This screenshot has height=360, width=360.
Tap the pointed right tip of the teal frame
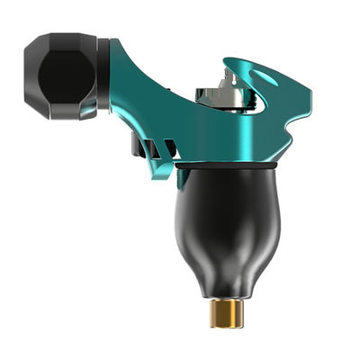pyautogui.click(x=309, y=94)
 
